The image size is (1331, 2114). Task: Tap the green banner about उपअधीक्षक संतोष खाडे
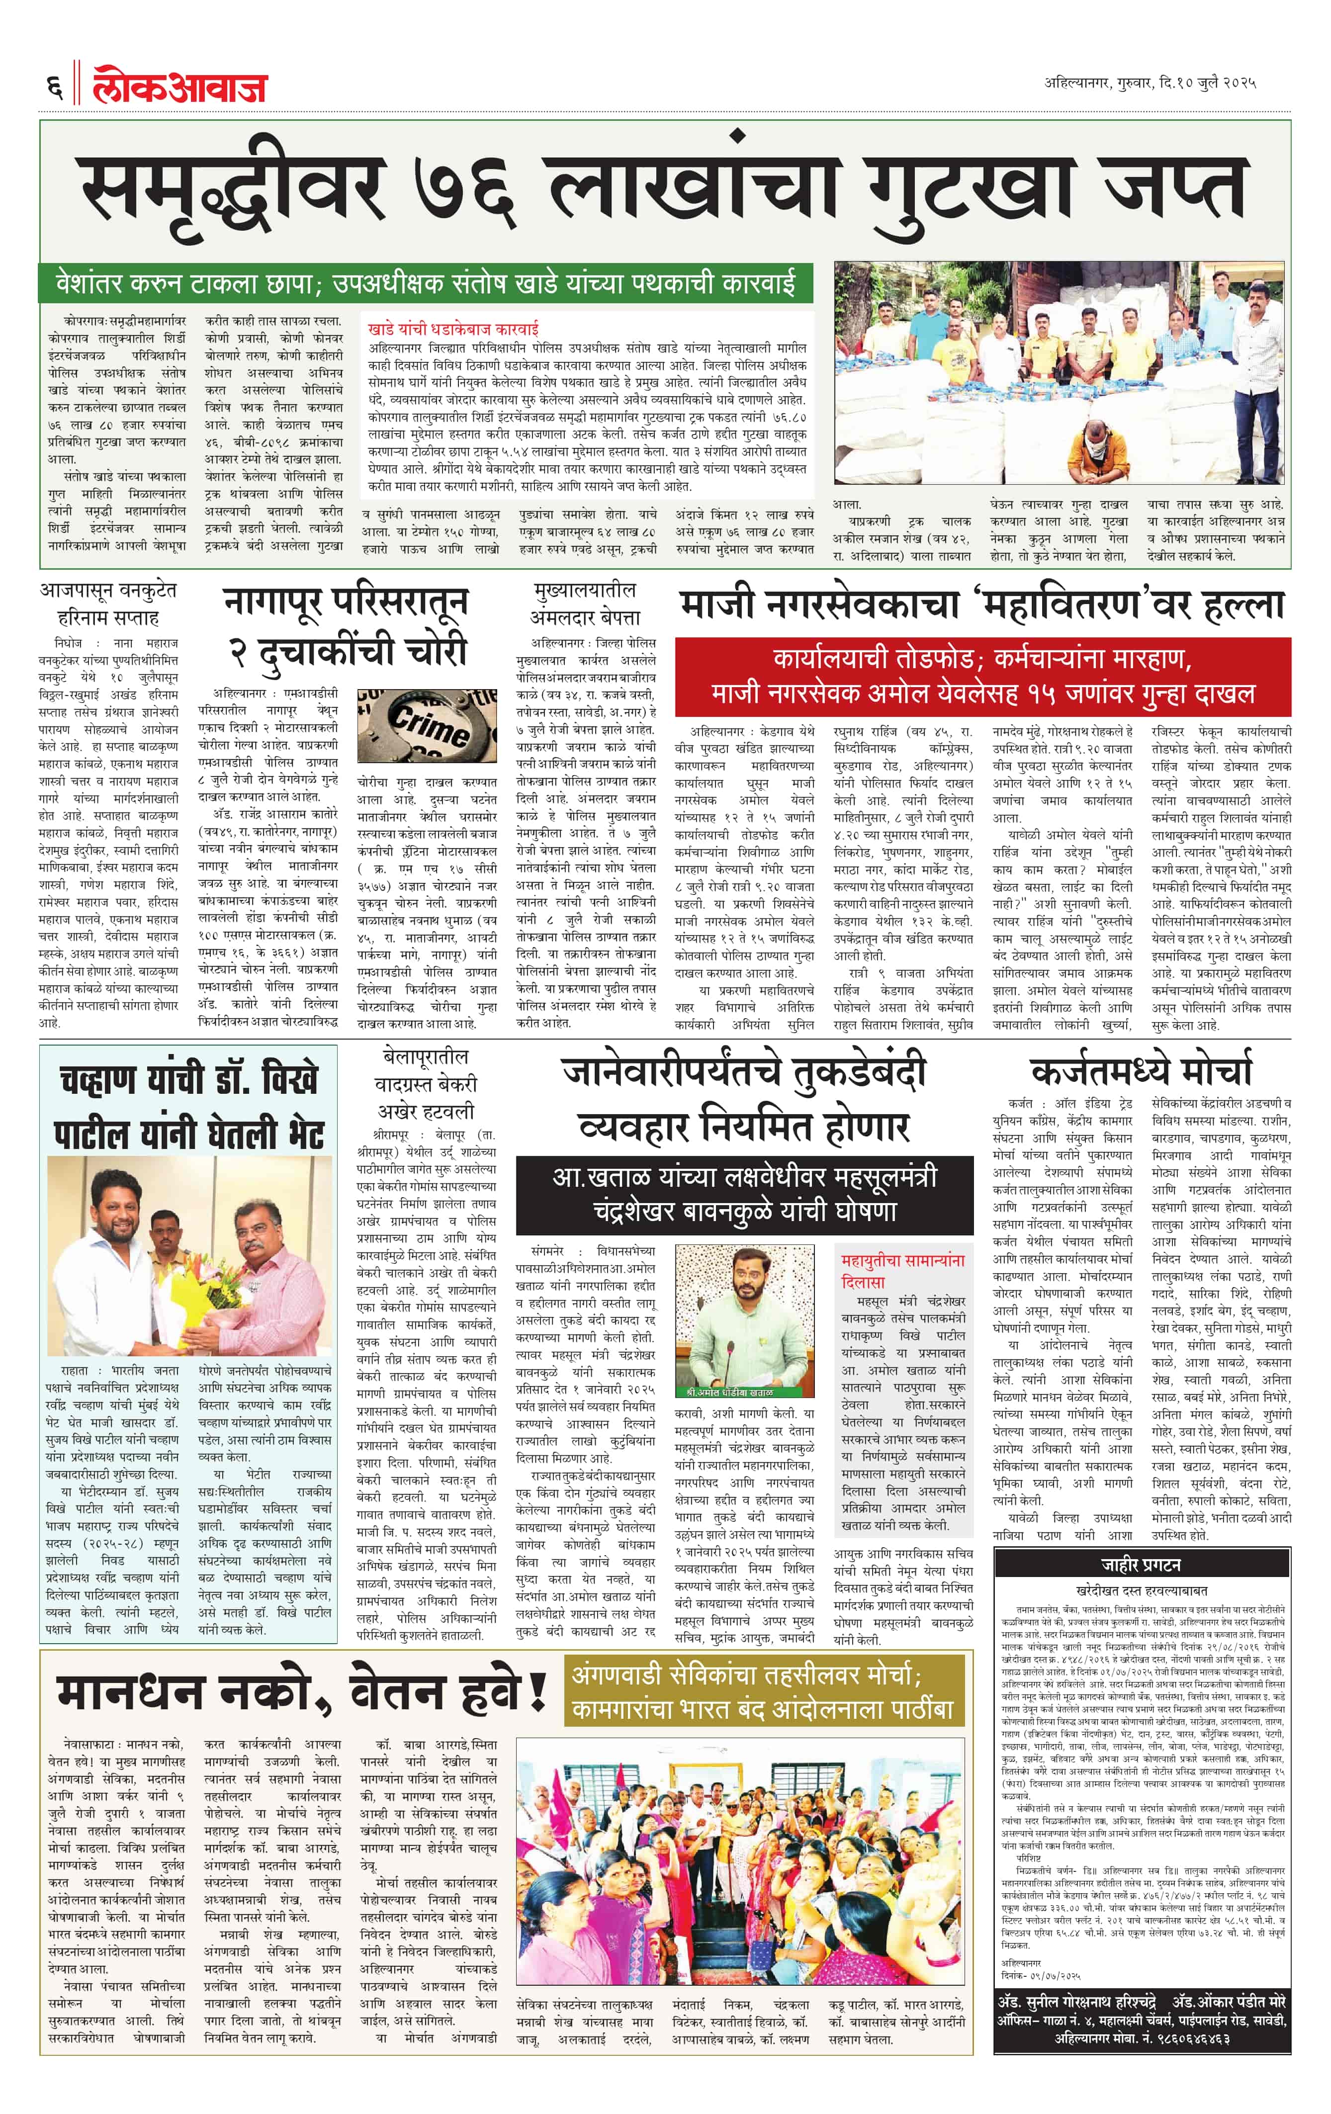coord(425,284)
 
